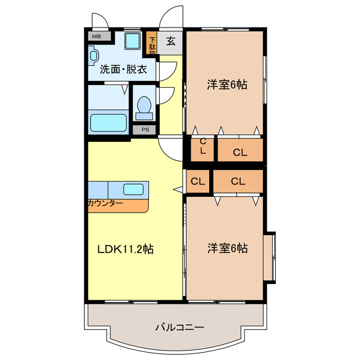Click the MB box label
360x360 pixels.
97,37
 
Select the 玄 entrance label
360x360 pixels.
170,41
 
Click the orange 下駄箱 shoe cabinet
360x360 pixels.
152,44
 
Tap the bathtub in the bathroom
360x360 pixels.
109,121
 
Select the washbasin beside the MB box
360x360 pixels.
93,56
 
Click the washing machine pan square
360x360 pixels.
133,41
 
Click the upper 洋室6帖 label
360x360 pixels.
227,85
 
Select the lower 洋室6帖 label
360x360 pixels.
227,248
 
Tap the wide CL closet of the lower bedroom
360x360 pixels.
237,181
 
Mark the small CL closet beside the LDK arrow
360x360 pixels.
197,181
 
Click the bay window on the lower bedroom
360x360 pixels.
269,256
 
